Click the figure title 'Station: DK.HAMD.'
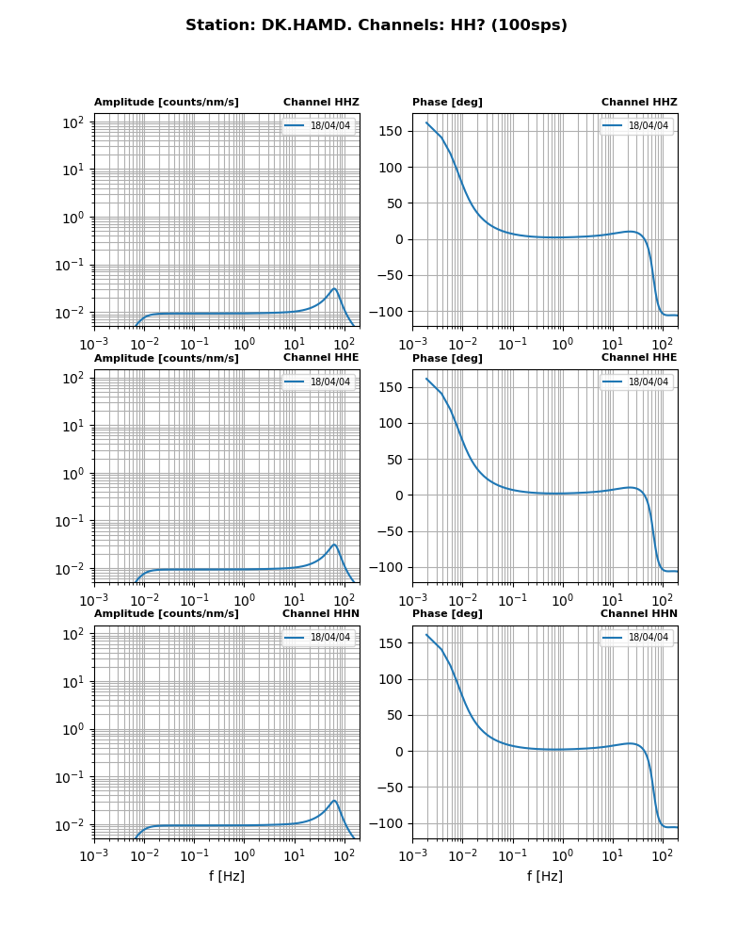click(x=376, y=25)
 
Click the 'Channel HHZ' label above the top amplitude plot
click(x=321, y=102)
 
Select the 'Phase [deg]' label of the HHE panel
click(x=447, y=358)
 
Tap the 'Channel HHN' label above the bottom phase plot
click(x=639, y=613)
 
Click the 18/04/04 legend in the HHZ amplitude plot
click(x=318, y=125)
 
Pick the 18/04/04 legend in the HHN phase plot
click(x=636, y=638)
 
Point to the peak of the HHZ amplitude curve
click(x=334, y=288)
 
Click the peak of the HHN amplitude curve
click(x=334, y=801)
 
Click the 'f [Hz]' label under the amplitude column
click(x=227, y=876)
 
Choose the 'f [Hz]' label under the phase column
click(x=545, y=876)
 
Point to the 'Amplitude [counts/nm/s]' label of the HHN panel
click(x=167, y=613)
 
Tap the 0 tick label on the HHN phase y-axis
click(x=399, y=751)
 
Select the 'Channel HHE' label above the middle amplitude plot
click(x=321, y=357)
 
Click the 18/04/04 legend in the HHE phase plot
click(x=636, y=382)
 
